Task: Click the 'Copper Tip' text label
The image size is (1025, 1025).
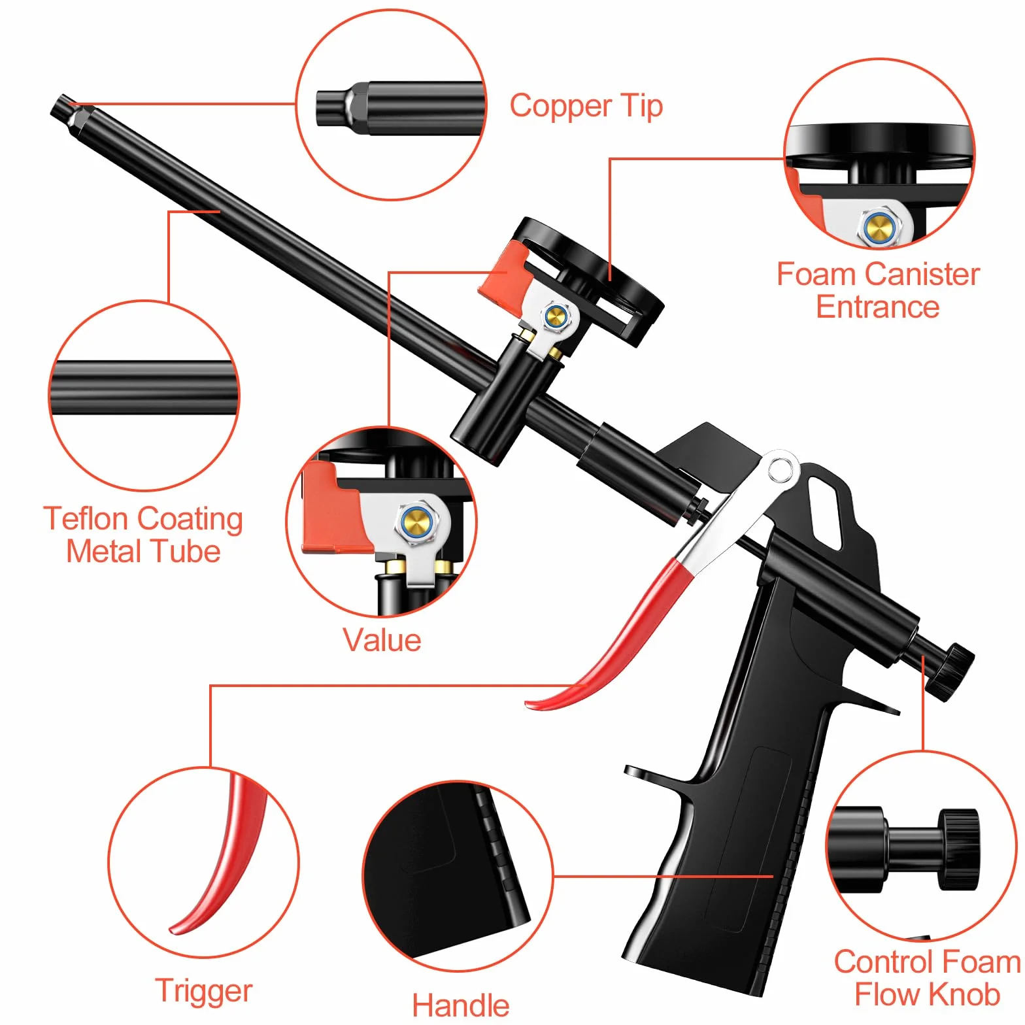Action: point(586,107)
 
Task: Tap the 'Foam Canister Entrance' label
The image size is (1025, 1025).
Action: point(878,290)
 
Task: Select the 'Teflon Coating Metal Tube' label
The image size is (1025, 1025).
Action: point(143,535)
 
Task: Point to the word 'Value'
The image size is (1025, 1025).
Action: point(382,640)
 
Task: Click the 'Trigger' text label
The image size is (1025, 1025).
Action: point(204,991)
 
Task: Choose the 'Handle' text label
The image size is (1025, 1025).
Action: point(461,1005)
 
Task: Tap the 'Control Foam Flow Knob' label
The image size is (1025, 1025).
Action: point(928,978)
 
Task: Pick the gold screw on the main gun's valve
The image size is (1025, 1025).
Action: point(555,317)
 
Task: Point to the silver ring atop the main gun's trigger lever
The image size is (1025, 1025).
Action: point(780,469)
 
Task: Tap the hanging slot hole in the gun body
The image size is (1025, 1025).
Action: point(826,512)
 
